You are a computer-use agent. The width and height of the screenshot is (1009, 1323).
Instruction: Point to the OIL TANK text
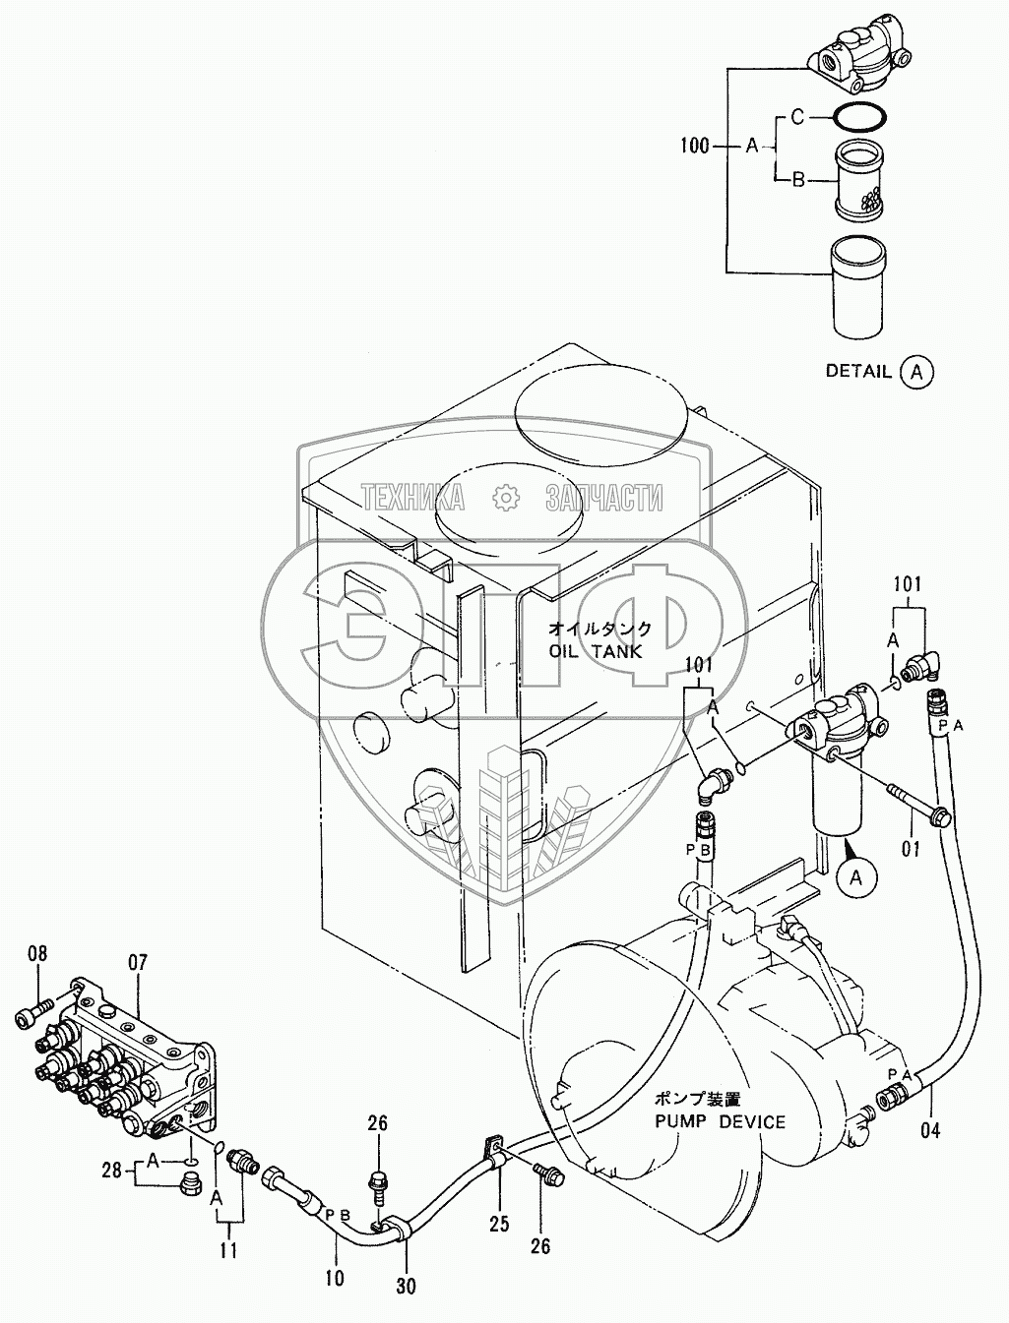coord(596,651)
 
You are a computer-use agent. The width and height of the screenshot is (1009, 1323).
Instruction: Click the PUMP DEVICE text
coord(724,1120)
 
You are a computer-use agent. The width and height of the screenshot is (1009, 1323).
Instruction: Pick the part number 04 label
coord(930,1130)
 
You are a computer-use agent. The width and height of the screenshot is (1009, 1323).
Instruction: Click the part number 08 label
coord(37,952)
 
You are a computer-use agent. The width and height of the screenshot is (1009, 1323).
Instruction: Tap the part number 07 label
coord(136,962)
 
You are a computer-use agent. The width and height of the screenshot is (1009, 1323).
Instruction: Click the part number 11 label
coord(229,1252)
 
